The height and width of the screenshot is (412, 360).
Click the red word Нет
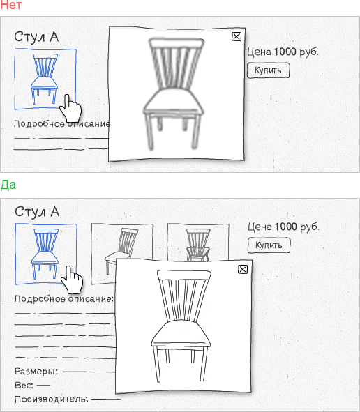pyautogui.click(x=10, y=5)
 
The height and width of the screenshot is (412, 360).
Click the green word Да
pyautogui.click(x=8, y=185)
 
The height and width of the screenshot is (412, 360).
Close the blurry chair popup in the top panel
pyautogui.click(x=237, y=36)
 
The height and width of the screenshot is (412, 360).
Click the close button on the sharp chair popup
pyautogui.click(x=243, y=269)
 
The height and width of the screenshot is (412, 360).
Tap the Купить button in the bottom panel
pyautogui.click(x=269, y=245)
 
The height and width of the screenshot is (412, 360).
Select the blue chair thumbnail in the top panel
pyautogui.click(x=45, y=79)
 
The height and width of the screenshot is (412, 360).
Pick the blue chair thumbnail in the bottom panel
pyautogui.click(x=46, y=254)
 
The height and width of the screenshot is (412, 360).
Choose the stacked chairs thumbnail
pyautogui.click(x=198, y=242)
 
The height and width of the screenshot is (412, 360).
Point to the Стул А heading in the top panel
pyautogui.click(x=36, y=37)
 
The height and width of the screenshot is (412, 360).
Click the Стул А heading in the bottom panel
pyautogui.click(x=37, y=212)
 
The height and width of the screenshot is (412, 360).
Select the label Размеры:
pyautogui.click(x=36, y=372)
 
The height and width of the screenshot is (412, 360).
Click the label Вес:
pyautogui.click(x=24, y=386)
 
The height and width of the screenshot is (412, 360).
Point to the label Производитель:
pyautogui.click(x=51, y=399)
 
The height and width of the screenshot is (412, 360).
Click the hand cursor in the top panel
pyautogui.click(x=70, y=108)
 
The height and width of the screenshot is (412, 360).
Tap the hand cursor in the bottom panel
pyautogui.click(x=72, y=280)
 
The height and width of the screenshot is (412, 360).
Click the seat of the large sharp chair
pyautogui.click(x=181, y=334)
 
